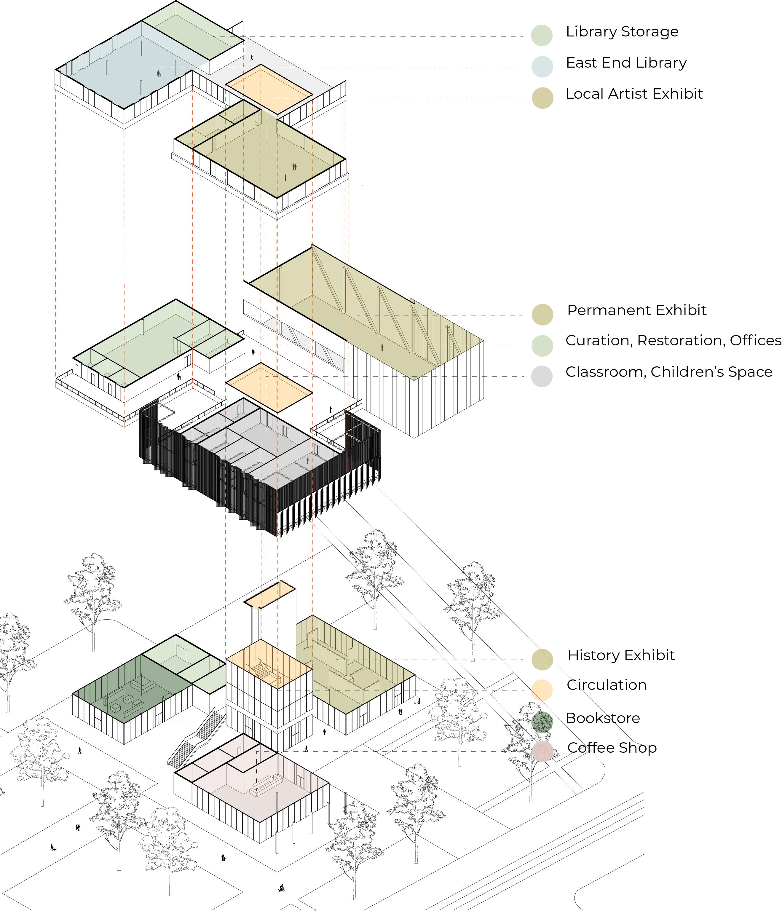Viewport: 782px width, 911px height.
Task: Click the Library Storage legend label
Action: tap(622, 32)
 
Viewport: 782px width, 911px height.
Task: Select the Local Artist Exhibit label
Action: tap(634, 94)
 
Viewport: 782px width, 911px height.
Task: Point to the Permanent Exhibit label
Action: tap(636, 310)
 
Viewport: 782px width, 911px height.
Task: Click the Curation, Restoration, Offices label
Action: tap(673, 341)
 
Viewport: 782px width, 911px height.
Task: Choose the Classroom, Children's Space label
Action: tap(668, 372)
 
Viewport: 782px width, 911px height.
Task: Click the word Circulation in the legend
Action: tap(606, 685)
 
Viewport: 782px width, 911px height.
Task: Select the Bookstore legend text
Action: tap(602, 718)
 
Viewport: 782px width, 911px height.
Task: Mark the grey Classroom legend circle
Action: tap(542, 376)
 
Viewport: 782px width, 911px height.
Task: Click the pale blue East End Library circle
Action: tap(542, 67)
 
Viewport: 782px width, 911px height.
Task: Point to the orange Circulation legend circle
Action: tap(542, 690)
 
